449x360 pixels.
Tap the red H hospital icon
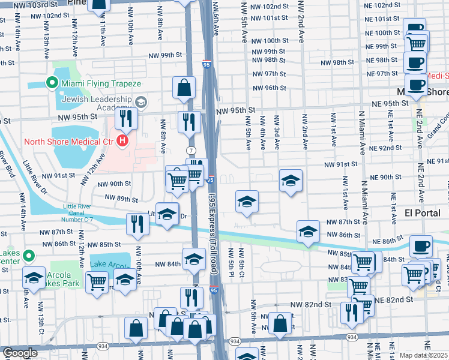coord(123,142)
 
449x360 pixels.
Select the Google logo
coord(20,353)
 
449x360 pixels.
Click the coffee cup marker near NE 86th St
coord(421,245)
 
